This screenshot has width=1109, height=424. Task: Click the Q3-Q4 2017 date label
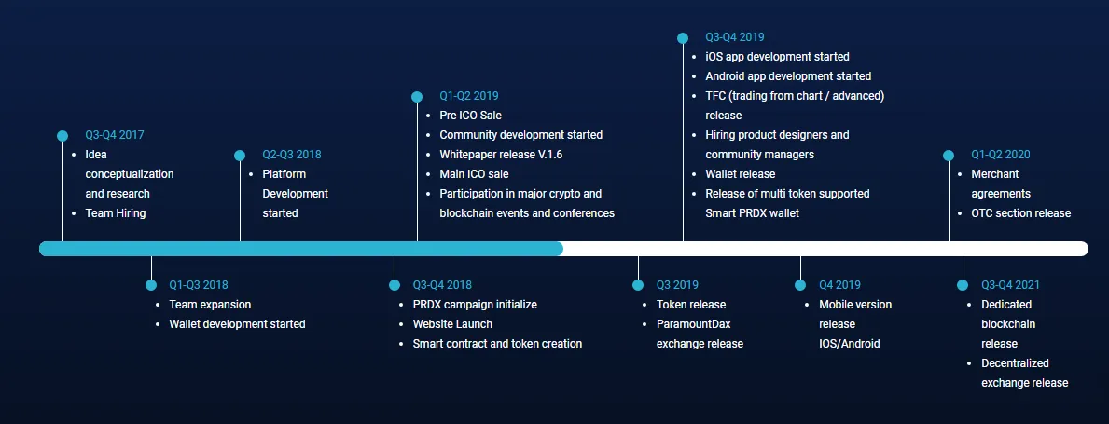[x=115, y=135]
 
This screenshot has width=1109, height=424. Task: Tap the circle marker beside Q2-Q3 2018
[x=240, y=156]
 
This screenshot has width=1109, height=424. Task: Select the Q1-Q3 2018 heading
[x=199, y=285]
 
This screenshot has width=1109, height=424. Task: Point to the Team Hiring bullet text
[x=116, y=212]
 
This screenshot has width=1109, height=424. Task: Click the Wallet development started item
[x=238, y=324]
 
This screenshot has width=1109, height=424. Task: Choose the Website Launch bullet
[x=452, y=324]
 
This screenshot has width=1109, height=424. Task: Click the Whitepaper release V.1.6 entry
[x=501, y=154]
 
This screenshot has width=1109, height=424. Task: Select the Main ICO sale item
[x=474, y=174]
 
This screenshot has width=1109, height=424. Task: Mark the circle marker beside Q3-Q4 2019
[x=683, y=38]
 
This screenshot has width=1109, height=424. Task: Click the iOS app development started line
[x=777, y=57]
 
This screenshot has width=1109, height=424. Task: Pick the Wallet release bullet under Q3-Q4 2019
[x=741, y=174]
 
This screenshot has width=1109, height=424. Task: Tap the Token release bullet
[x=691, y=305]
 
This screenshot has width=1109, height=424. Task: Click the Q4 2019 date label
[x=839, y=285]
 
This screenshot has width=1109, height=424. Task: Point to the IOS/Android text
[x=850, y=344]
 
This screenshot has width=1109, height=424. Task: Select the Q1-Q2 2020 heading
[x=1001, y=155]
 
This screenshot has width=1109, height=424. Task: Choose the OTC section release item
[x=1021, y=212]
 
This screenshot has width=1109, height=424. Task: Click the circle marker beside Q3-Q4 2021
[x=963, y=285]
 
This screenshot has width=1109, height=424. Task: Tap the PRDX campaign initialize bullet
[x=476, y=305]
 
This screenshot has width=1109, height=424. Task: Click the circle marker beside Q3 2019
[x=638, y=285]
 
